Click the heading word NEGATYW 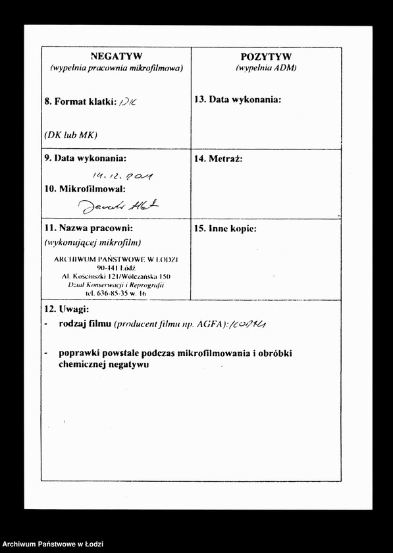[x=116, y=56]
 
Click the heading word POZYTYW [x=266, y=57]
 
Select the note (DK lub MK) [x=70, y=134]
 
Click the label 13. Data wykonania [x=238, y=99]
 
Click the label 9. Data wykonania [x=85, y=158]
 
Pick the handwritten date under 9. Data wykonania [x=123, y=175]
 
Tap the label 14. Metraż [x=219, y=159]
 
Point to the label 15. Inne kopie [x=225, y=229]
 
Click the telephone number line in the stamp [x=115, y=293]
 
